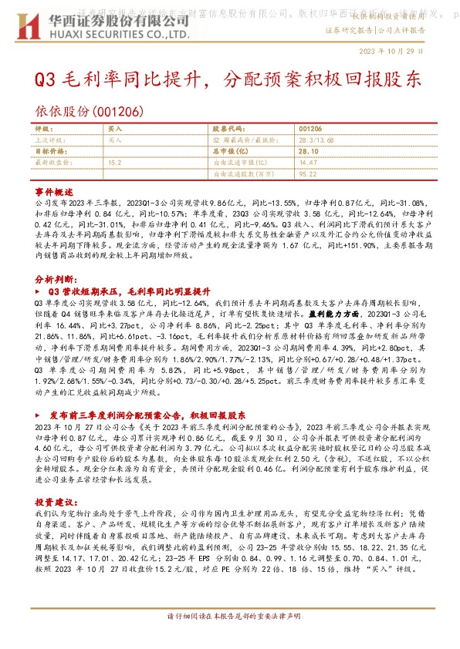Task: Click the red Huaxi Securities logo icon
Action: click(x=29, y=25)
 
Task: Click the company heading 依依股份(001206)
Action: click(x=88, y=111)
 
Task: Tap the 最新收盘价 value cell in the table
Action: click(x=115, y=163)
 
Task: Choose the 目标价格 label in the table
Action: click(x=49, y=152)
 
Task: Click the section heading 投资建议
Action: click(x=53, y=479)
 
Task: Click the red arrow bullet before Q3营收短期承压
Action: click(x=39, y=292)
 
